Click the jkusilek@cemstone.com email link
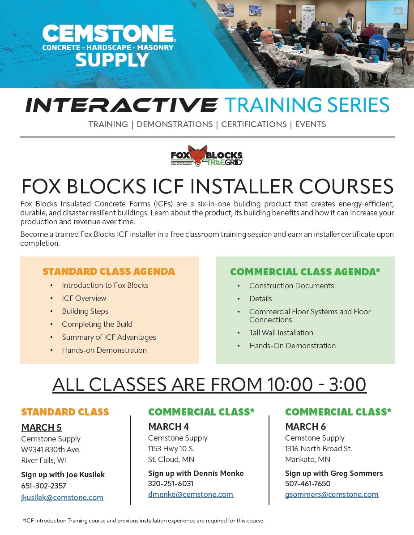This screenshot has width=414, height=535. (x=62, y=497)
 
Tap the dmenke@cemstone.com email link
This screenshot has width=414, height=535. (x=191, y=494)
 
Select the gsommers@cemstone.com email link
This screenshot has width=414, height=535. (x=332, y=494)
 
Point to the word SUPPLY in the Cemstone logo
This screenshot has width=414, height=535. (x=112, y=60)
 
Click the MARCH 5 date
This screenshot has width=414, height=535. (x=41, y=427)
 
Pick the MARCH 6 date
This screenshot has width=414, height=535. (x=305, y=426)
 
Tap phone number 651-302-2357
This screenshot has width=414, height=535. (x=43, y=486)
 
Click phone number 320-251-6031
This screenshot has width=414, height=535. (x=171, y=484)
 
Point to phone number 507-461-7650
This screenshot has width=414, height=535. (x=307, y=484)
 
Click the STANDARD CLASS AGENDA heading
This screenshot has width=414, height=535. (x=109, y=271)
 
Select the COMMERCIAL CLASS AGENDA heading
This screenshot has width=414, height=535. (x=305, y=272)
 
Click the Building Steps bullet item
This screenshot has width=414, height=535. (x=85, y=311)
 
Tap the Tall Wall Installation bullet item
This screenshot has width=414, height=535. (x=281, y=333)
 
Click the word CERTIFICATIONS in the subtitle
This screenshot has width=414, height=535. (x=254, y=124)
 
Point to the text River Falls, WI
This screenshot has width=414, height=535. (x=43, y=460)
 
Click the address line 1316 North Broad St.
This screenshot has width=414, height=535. (x=318, y=449)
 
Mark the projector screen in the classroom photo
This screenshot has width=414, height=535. (x=386, y=13)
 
